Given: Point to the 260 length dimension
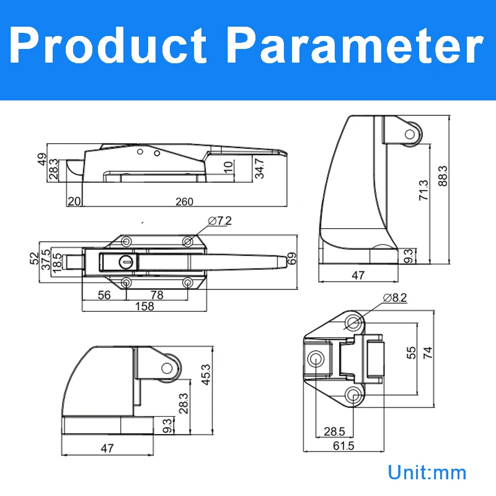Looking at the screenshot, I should [x=184, y=201].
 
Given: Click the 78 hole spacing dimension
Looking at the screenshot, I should [x=157, y=295].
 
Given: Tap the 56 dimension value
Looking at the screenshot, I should [x=104, y=295].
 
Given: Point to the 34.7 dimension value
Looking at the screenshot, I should [x=259, y=169].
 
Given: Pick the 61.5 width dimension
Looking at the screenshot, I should [x=338, y=445].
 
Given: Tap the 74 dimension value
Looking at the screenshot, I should [x=427, y=353].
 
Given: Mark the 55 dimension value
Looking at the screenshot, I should [x=411, y=353].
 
